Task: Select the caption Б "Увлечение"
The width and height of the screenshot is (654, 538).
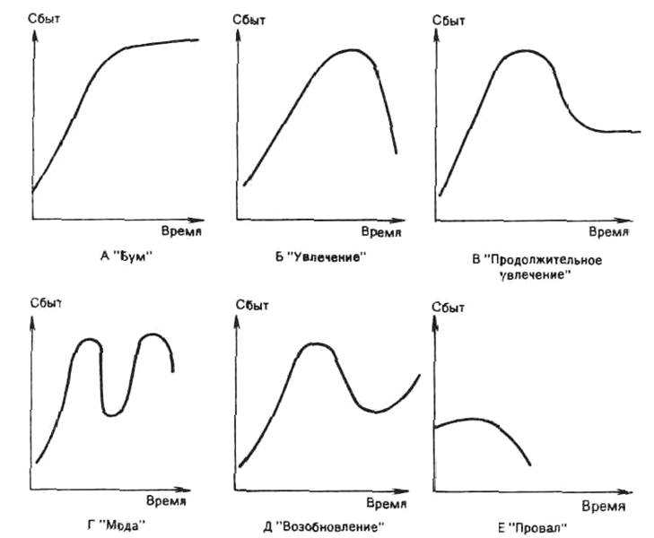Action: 322,257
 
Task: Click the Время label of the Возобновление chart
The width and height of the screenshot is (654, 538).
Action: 393,504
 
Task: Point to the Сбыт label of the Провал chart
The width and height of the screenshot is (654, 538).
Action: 449,307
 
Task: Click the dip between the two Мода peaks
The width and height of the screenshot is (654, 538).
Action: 110,413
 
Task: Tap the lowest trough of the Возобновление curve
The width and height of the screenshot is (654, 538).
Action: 376,412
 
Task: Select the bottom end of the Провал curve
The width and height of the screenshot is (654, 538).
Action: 530,464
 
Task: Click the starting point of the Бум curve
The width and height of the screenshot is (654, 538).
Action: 32,191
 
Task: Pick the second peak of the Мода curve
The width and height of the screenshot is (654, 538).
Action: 154,335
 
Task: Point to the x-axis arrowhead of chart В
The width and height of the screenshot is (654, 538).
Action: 627,218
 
